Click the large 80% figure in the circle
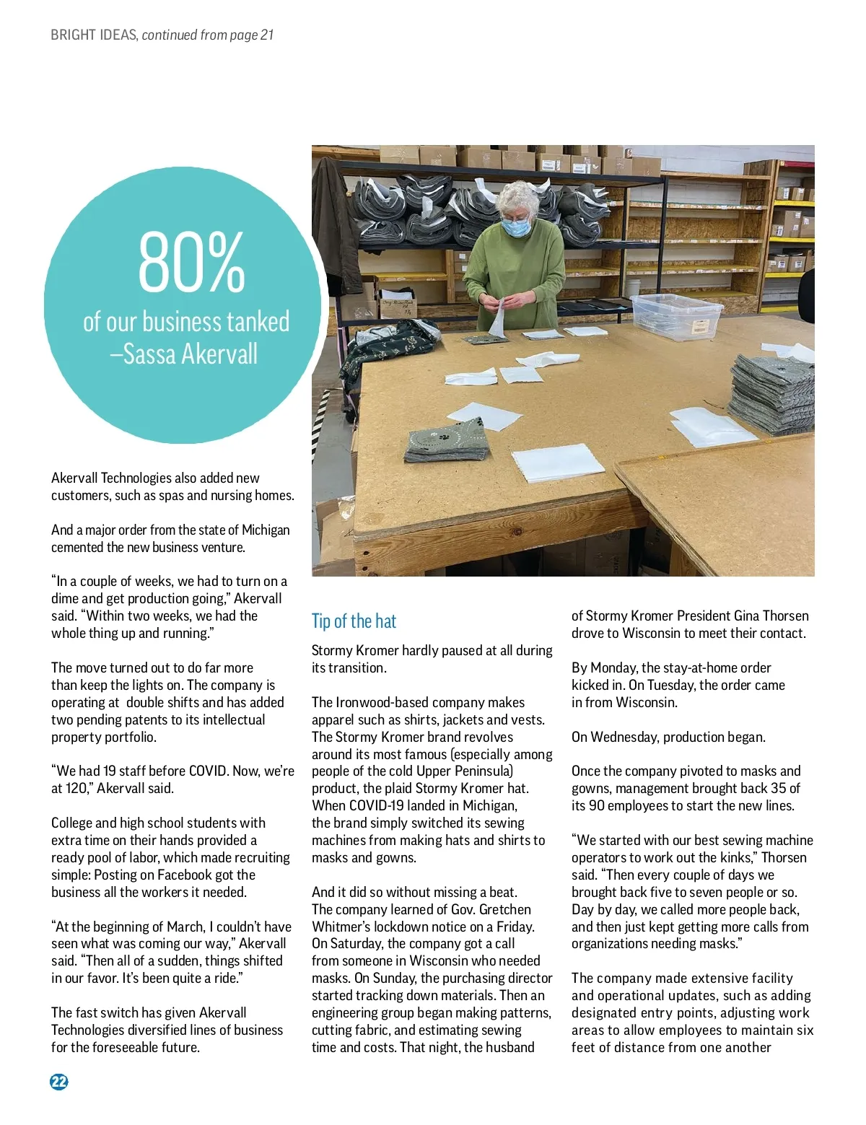coord(191,261)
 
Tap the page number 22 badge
coord(58,1081)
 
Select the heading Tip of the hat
coord(354,621)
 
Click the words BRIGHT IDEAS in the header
coord(93,35)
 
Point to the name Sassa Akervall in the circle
coord(190,354)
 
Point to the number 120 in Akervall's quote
coord(76,788)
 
